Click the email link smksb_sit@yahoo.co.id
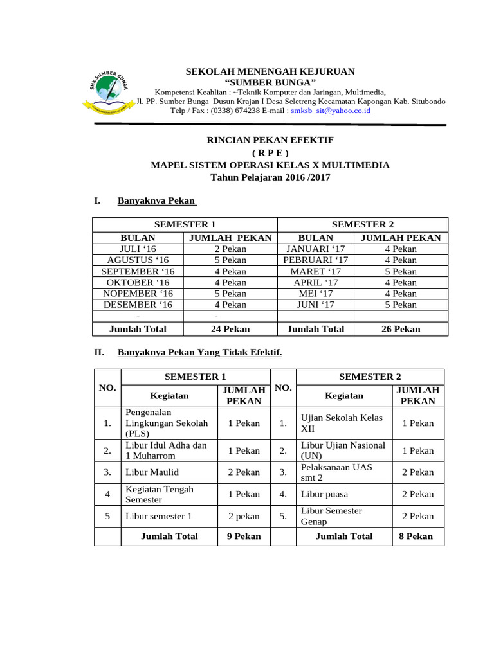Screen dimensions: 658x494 click(x=330, y=111)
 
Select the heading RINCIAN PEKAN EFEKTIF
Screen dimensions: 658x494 click(x=270, y=139)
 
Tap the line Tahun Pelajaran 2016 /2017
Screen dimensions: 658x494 click(x=270, y=177)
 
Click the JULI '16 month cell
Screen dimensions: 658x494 click(x=138, y=249)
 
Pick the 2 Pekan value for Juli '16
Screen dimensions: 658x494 click(x=230, y=249)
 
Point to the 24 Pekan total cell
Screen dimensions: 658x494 click(x=230, y=329)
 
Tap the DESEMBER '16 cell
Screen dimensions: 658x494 click(x=138, y=305)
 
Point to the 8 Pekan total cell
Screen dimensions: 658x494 click(x=416, y=536)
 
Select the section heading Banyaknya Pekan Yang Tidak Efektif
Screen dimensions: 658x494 click(x=199, y=353)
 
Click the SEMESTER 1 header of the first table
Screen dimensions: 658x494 click(x=184, y=224)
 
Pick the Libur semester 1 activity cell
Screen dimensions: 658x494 click(x=158, y=516)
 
